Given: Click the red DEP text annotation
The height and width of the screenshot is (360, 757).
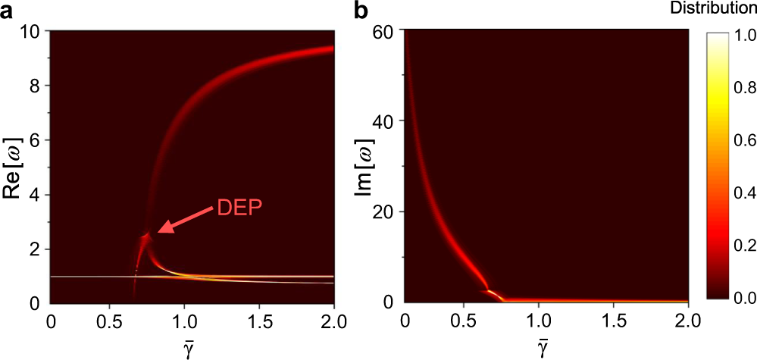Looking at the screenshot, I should pyautogui.click(x=240, y=207).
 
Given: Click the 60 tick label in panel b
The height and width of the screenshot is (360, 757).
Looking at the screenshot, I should pyautogui.click(x=387, y=31).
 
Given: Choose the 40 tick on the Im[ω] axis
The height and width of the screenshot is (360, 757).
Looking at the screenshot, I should pyautogui.click(x=387, y=121).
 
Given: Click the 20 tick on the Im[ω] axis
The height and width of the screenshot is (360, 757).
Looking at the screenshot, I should pyautogui.click(x=387, y=211).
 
